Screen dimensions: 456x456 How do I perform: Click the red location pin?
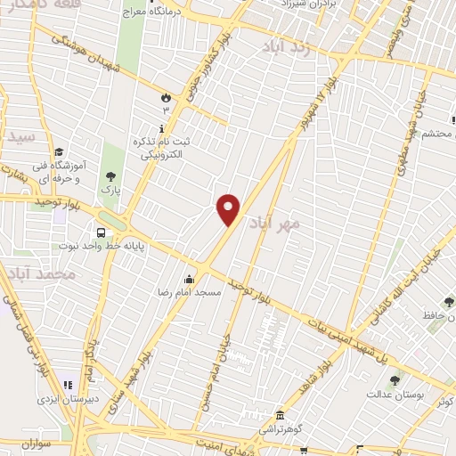click(x=229, y=209)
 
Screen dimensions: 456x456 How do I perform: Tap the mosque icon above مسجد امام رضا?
click(x=188, y=279)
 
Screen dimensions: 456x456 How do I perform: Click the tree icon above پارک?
click(x=110, y=176)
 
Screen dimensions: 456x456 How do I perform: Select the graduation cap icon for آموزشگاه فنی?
click(x=58, y=152)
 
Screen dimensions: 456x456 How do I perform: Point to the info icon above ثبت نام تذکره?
click(x=161, y=127)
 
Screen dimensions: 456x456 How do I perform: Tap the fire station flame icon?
click(x=165, y=97)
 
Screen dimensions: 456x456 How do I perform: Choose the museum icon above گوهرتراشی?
click(x=280, y=415)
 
